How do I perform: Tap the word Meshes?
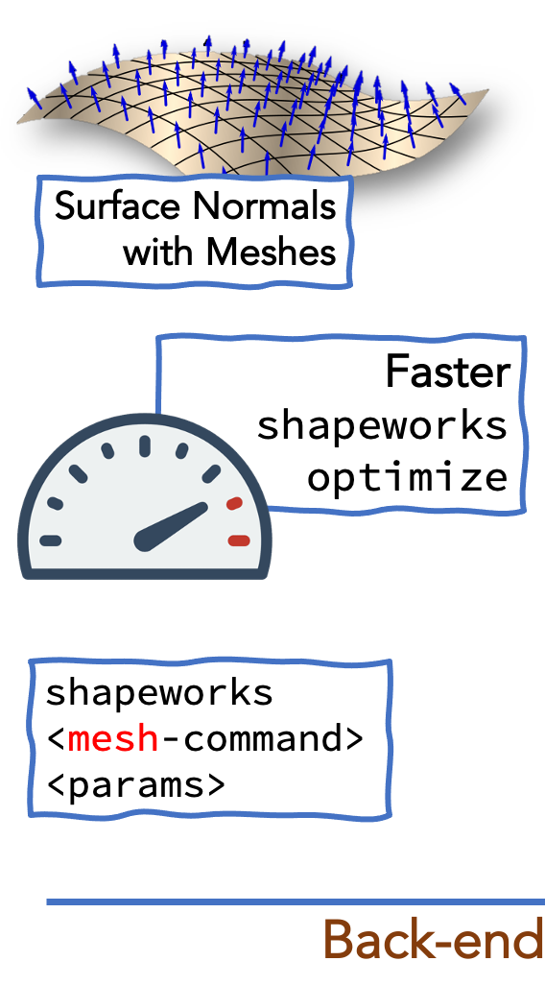(x=271, y=252)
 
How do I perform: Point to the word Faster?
(x=448, y=372)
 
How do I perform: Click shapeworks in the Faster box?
(x=382, y=424)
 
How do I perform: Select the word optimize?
(x=407, y=477)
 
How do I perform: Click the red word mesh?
(x=113, y=739)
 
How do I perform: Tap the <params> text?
(x=135, y=784)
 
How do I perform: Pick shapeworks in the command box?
(x=159, y=693)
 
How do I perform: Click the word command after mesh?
(x=261, y=739)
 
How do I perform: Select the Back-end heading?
(x=434, y=941)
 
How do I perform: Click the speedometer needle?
(x=172, y=526)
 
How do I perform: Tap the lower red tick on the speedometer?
(x=239, y=541)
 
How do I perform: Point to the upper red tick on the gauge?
(x=234, y=503)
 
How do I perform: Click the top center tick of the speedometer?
(x=145, y=445)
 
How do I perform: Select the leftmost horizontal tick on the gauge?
(x=50, y=541)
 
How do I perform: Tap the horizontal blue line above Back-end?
(x=296, y=902)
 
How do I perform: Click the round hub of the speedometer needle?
(x=146, y=540)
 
